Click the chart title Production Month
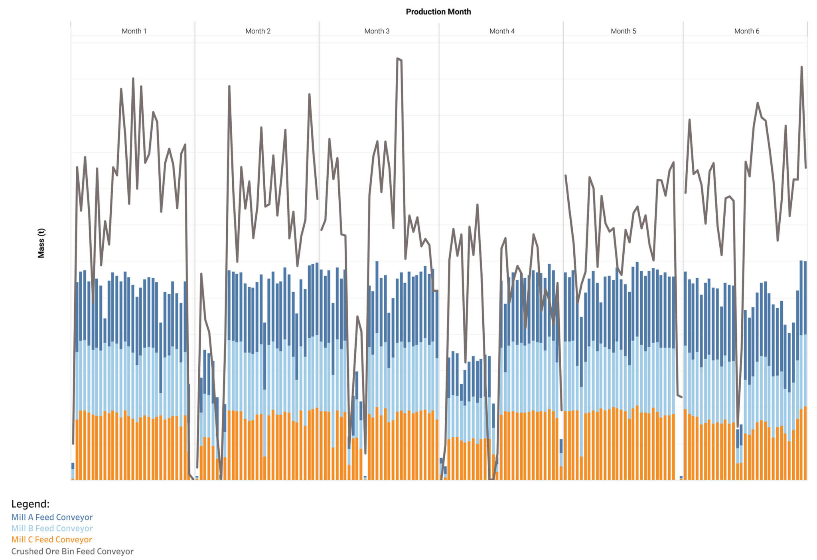click(438, 12)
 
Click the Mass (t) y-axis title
click(41, 243)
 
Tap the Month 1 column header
click(134, 31)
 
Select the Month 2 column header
click(258, 31)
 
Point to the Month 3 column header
click(377, 31)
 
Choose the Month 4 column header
click(502, 31)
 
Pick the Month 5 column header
click(623, 31)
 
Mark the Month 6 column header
click(746, 31)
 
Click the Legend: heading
click(30, 504)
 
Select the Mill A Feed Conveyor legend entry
click(52, 517)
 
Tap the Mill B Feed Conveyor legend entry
click(52, 528)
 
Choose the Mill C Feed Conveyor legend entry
click(51, 540)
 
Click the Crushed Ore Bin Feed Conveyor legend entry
click(72, 551)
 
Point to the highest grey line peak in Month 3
click(398, 59)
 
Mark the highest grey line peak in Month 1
click(133, 79)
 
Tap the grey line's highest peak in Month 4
click(478, 205)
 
